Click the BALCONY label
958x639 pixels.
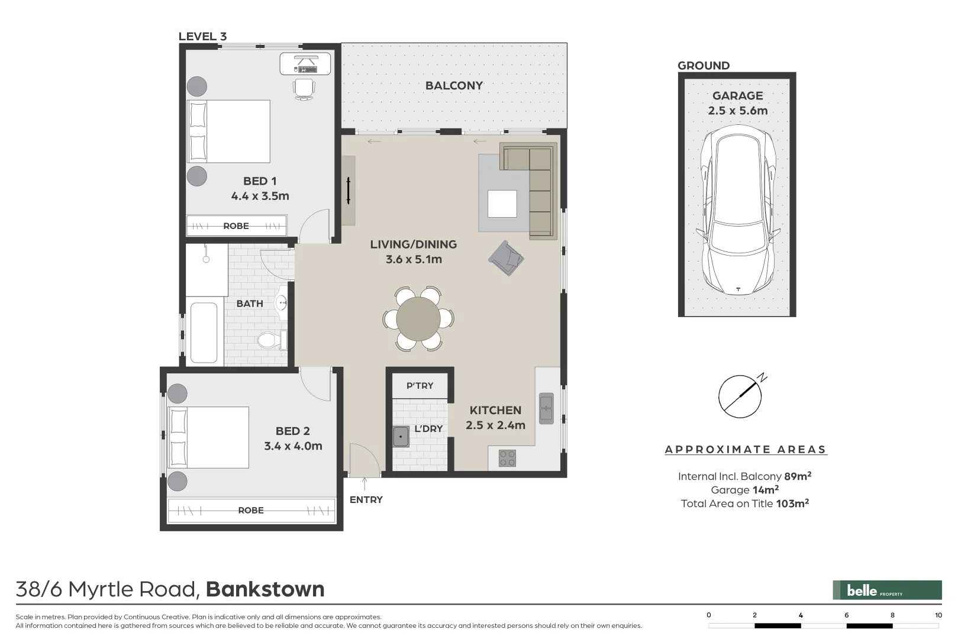click(454, 85)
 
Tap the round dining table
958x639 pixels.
click(418, 318)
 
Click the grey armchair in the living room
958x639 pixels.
click(506, 257)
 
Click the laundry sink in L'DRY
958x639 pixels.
click(401, 437)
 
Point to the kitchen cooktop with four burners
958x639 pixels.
click(507, 458)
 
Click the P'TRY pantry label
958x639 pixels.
click(420, 386)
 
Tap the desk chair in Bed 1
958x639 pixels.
click(304, 89)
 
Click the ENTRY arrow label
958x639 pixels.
click(366, 499)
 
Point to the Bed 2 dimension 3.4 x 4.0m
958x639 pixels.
click(293, 446)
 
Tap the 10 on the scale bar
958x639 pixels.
click(938, 615)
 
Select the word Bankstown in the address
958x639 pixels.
click(265, 589)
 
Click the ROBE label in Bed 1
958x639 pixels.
click(236, 226)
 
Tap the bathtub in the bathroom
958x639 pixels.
click(204, 333)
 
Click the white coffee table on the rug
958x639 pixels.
click(502, 204)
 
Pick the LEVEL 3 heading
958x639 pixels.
click(202, 36)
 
